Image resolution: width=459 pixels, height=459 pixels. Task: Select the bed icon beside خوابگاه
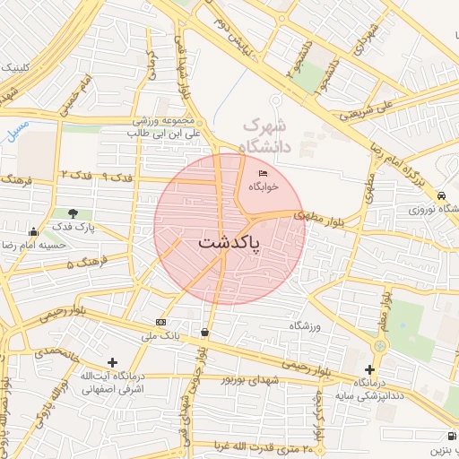pyautogui.click(x=263, y=173)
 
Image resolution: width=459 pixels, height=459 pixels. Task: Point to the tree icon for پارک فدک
pyautogui.click(x=73, y=213)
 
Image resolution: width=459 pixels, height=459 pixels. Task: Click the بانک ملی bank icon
pyautogui.click(x=160, y=323)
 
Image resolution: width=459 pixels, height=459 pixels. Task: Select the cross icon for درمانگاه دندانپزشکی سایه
pyautogui.click(x=369, y=369)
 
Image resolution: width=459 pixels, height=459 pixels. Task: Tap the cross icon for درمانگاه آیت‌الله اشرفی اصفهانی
pyautogui.click(x=112, y=362)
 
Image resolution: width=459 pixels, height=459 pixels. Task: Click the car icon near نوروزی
pyautogui.click(x=442, y=195)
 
